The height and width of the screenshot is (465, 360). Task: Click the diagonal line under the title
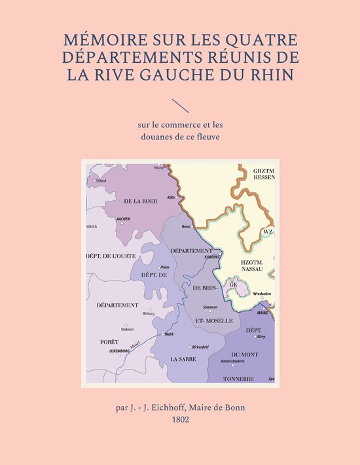point(179,105)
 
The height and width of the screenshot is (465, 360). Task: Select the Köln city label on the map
point(172,197)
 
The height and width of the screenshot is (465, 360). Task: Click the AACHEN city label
point(123,219)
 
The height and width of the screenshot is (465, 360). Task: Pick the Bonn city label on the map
point(186,226)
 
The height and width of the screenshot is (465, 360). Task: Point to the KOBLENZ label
point(213,257)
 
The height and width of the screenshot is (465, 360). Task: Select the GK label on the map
point(233,285)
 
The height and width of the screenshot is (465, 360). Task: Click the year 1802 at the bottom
point(179,420)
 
